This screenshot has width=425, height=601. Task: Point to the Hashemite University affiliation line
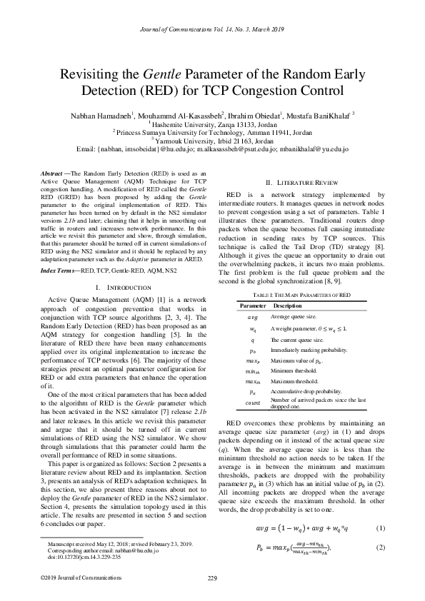click(213, 123)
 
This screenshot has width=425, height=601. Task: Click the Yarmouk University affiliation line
click(213, 141)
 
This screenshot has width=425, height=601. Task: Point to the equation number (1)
click(381, 529)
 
